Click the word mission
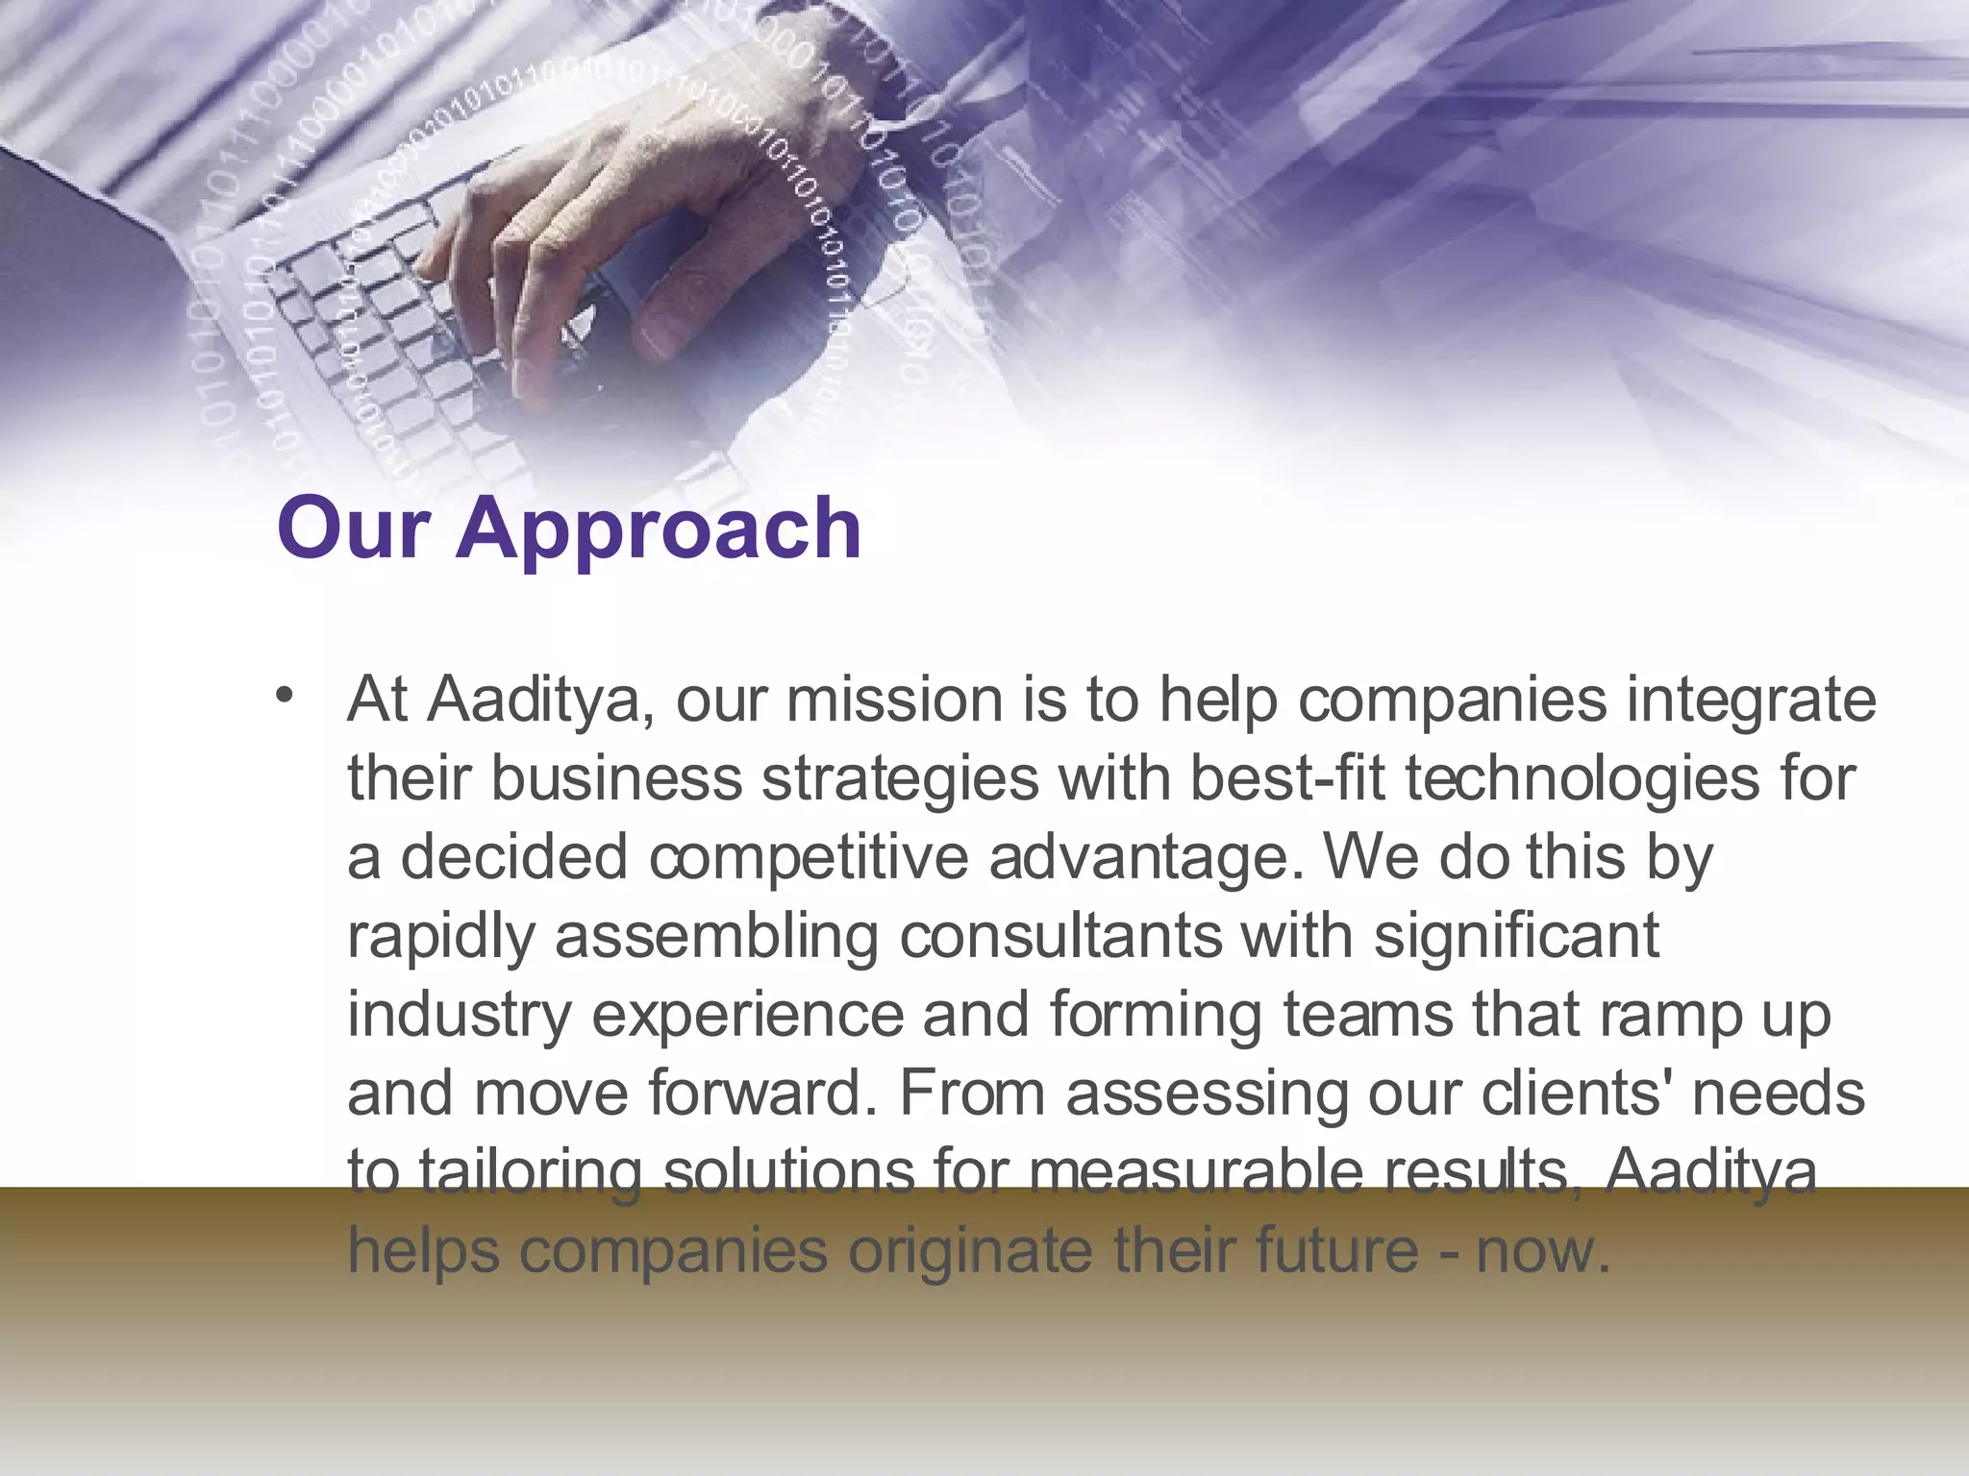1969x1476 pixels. (894, 701)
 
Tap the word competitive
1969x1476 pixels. (809, 858)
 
